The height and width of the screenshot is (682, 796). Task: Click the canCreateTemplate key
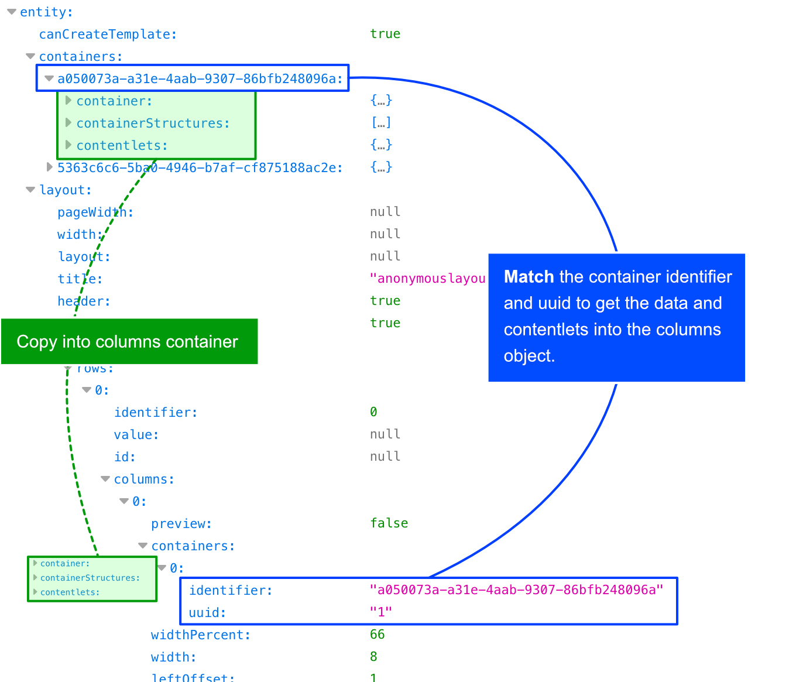click(108, 35)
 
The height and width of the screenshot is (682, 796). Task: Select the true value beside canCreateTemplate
click(385, 34)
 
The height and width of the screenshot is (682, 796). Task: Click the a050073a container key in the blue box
click(200, 79)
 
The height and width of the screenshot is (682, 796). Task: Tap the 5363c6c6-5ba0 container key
click(200, 168)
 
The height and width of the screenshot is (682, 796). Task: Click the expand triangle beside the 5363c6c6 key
click(50, 167)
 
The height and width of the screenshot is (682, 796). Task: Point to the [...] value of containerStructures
click(381, 123)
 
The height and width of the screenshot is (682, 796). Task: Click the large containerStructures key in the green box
click(153, 124)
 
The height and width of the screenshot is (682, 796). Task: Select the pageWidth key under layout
click(95, 213)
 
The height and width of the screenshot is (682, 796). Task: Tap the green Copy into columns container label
click(128, 342)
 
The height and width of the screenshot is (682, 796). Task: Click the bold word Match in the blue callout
click(529, 277)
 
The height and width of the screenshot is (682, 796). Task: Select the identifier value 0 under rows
click(373, 412)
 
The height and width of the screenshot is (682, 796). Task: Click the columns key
click(144, 479)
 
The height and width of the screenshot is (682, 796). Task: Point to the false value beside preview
click(389, 523)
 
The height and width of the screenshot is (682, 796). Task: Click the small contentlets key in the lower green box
click(70, 592)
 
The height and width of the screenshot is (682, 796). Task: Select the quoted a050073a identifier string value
click(516, 590)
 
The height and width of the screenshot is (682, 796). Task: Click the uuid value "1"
click(381, 612)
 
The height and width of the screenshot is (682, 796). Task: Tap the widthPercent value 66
click(378, 635)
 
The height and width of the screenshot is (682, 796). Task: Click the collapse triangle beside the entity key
click(12, 12)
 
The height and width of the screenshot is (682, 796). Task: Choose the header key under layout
click(84, 301)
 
